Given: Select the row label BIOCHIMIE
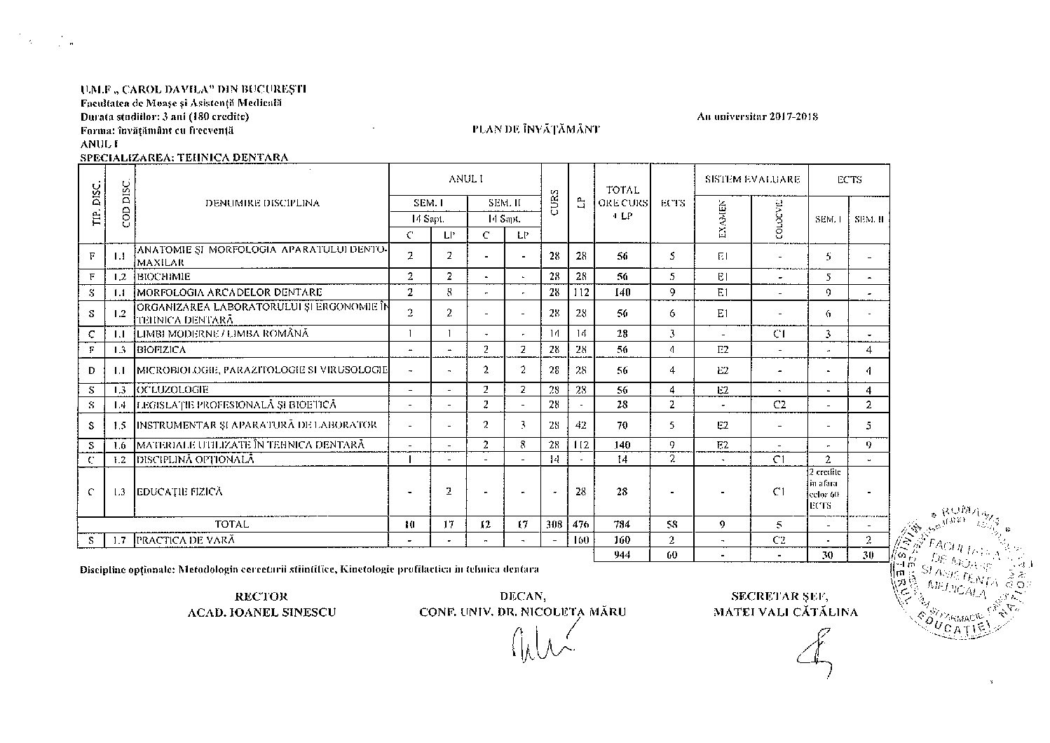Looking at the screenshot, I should (163, 276).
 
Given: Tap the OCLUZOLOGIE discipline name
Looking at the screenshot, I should (172, 389).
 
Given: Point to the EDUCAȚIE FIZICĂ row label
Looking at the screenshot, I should (179, 492).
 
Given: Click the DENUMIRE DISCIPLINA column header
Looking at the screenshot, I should (262, 203).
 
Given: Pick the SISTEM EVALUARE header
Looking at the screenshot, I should (751, 180).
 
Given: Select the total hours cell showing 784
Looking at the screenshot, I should (622, 524).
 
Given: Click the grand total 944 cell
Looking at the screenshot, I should (622, 554).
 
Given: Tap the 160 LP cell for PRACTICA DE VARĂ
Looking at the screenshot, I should (580, 540).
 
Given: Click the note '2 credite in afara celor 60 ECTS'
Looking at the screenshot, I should (827, 491).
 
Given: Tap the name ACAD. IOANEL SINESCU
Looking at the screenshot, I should (261, 612).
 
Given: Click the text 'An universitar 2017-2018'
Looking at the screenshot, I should (757, 116).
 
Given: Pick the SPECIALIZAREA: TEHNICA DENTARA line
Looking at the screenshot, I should (184, 157).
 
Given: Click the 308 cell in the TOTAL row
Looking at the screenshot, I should (554, 524).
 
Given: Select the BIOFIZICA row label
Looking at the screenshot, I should (161, 349).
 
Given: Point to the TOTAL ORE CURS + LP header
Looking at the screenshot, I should (622, 203).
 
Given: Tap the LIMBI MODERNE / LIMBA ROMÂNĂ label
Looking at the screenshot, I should (222, 334).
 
